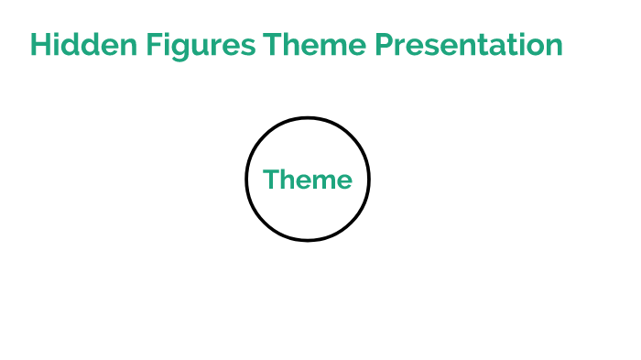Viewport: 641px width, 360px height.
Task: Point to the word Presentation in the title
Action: tap(468, 45)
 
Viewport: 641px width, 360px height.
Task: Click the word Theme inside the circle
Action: tap(308, 180)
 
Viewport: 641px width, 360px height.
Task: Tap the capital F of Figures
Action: tap(149, 45)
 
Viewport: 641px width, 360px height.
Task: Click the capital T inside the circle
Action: tap(271, 180)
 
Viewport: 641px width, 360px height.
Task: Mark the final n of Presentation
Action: tap(552, 47)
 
